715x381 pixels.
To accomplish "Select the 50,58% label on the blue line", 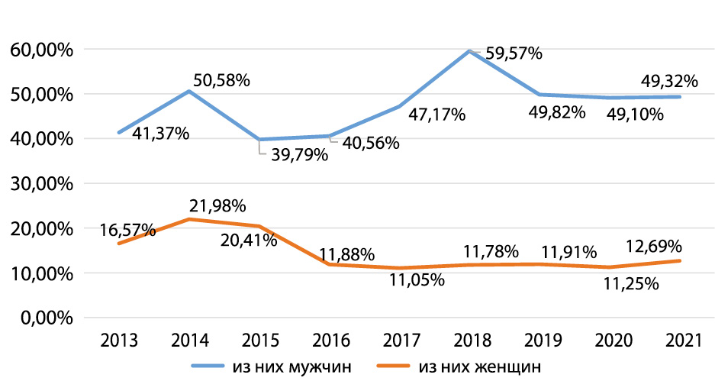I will pos(221,79).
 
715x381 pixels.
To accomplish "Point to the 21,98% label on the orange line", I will pos(216,206).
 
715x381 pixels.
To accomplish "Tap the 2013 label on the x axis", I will pos(119,341).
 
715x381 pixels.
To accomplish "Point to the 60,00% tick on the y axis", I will pos(42,50).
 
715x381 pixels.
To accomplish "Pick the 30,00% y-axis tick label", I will pos(42,184).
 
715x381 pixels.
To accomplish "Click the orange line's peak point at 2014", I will pos(189,219).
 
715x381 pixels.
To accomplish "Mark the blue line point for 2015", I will pos(259,140).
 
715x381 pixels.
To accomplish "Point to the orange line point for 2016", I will pos(329,264).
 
